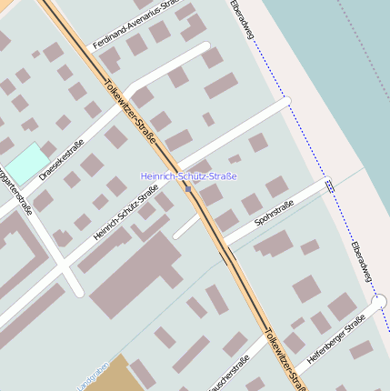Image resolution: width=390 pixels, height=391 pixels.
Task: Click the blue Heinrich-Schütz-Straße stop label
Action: pyautogui.click(x=188, y=175)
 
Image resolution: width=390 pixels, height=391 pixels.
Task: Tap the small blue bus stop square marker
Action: pyautogui.click(x=188, y=189)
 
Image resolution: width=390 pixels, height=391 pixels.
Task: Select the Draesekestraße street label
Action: pyautogui.click(x=62, y=156)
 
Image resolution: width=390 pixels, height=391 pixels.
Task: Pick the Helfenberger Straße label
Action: pyautogui.click(x=335, y=339)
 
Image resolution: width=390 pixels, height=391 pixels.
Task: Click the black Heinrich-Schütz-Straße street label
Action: pyautogui.click(x=125, y=212)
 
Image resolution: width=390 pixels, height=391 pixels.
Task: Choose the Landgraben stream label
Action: pyautogui.click(x=92, y=376)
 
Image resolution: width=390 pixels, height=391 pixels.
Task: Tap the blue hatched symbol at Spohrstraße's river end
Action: pyautogui.click(x=329, y=185)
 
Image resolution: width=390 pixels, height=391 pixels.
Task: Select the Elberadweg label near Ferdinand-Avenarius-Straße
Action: pyautogui.click(x=245, y=20)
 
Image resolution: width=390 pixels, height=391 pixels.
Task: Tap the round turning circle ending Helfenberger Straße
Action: pyautogui.click(x=379, y=301)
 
